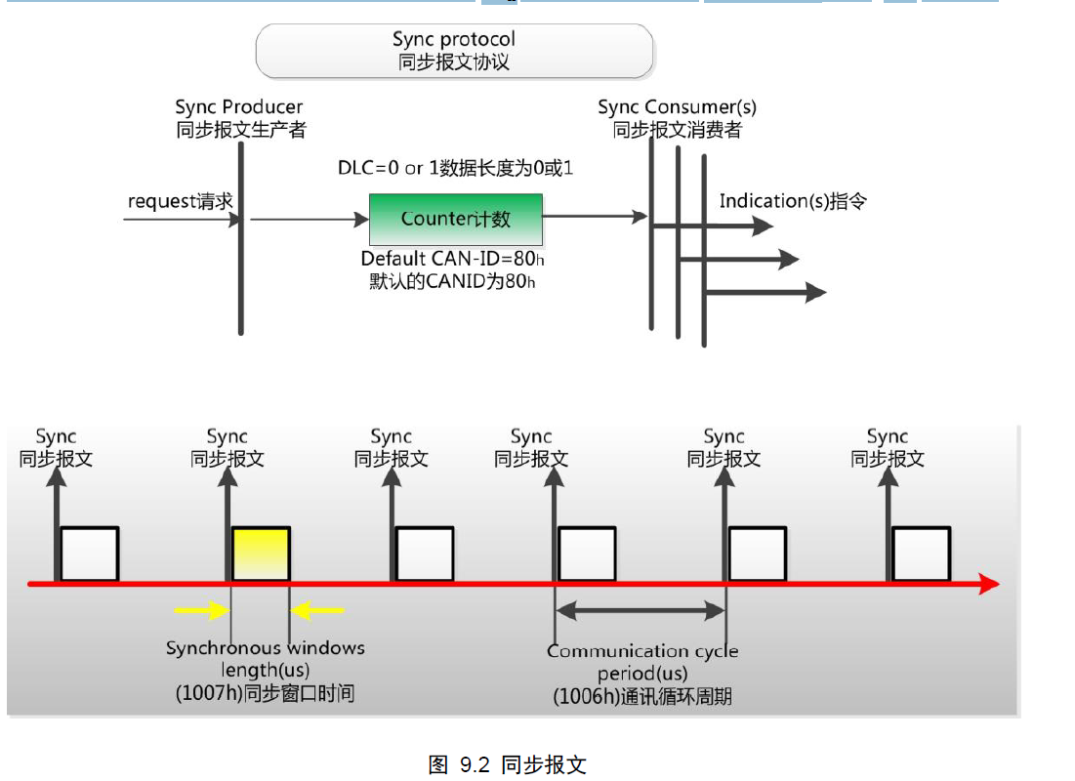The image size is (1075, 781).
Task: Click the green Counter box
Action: [455, 220]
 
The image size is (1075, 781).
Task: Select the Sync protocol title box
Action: [454, 51]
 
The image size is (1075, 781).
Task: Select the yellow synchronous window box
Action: [261, 555]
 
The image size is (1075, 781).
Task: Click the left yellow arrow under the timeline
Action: [200, 611]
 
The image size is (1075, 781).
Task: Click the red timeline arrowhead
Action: [988, 585]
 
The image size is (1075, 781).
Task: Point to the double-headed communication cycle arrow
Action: [641, 611]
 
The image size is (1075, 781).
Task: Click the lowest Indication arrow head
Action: [816, 292]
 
